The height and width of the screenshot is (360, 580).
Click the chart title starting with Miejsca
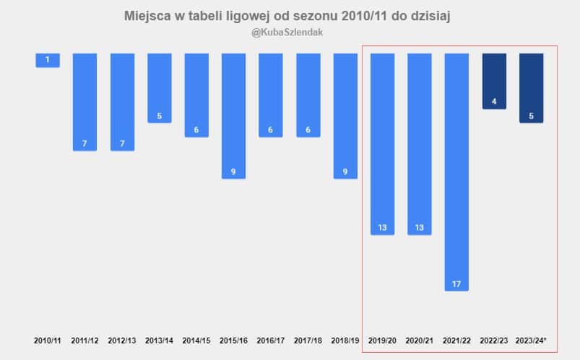[287, 16]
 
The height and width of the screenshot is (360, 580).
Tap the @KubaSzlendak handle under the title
[287, 33]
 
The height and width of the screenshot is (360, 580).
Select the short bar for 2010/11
[48, 60]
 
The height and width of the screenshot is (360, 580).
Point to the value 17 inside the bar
[456, 284]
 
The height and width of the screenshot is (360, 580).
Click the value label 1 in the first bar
[48, 60]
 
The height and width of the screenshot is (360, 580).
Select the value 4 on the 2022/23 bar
[494, 102]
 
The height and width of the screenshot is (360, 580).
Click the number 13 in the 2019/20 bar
[382, 228]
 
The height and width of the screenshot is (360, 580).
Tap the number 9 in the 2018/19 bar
[345, 172]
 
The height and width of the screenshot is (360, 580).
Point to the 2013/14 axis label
[159, 340]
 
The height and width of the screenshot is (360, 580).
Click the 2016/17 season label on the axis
[270, 340]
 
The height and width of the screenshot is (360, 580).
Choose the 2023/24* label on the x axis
[532, 340]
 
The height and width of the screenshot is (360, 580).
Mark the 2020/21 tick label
[420, 340]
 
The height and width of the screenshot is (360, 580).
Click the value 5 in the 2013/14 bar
[159, 116]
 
